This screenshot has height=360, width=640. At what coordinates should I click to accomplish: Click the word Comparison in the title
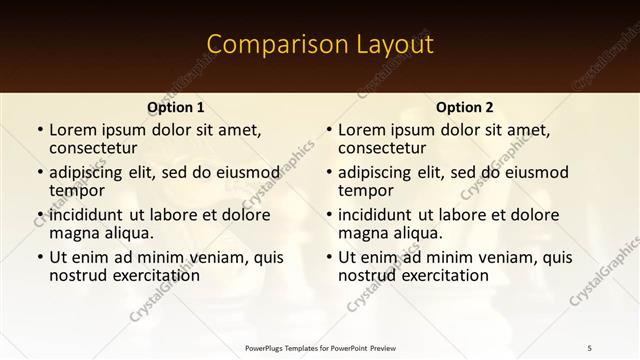268,45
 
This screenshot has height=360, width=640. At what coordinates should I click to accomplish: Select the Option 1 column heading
176,107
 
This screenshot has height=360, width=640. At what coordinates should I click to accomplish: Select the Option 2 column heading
465,107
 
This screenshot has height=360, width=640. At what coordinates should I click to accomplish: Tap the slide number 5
590,347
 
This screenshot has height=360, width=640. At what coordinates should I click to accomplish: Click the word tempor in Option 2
364,190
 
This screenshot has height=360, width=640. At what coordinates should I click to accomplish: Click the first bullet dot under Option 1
39,130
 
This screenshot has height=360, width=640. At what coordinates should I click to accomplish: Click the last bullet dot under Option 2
328,258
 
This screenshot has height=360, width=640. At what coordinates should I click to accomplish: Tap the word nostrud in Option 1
76,275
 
